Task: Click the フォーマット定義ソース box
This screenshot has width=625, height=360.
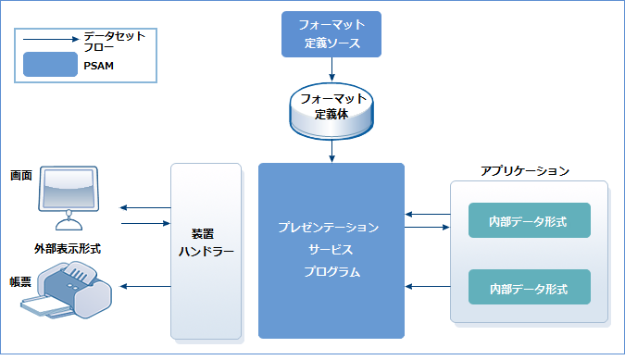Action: click(x=331, y=34)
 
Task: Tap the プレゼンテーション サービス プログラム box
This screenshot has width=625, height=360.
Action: click(x=331, y=250)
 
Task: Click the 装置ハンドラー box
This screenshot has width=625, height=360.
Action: click(x=206, y=251)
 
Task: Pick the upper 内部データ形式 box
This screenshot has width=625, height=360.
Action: click(x=529, y=221)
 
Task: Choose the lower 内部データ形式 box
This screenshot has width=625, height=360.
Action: click(x=529, y=288)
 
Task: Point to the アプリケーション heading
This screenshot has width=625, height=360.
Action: click(x=524, y=171)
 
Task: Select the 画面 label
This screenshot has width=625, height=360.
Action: click(x=21, y=175)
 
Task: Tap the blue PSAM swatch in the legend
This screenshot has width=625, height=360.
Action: click(x=50, y=64)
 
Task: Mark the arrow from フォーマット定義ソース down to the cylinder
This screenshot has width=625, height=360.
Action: click(x=331, y=69)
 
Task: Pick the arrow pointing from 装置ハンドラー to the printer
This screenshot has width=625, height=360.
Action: click(x=144, y=287)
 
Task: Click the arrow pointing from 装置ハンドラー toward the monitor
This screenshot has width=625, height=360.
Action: click(x=144, y=208)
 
